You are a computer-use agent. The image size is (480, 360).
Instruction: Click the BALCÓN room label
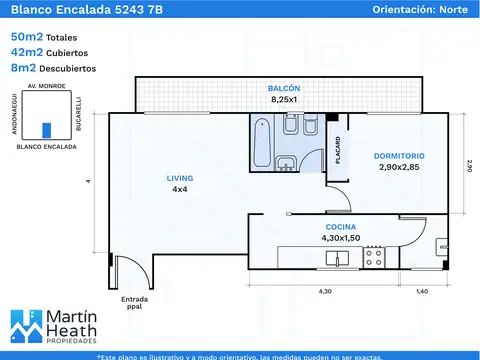(x=284, y=88)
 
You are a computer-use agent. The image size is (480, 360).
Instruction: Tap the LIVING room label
(x=180, y=178)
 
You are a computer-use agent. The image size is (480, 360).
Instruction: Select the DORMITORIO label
(x=399, y=156)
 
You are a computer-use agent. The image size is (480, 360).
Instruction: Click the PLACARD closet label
(x=338, y=150)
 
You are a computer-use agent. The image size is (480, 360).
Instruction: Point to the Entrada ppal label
(x=134, y=303)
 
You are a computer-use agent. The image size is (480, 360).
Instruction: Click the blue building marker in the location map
(x=45, y=130)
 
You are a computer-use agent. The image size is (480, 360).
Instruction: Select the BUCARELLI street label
(x=78, y=115)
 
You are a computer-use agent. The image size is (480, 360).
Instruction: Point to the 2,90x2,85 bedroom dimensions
(x=399, y=168)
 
